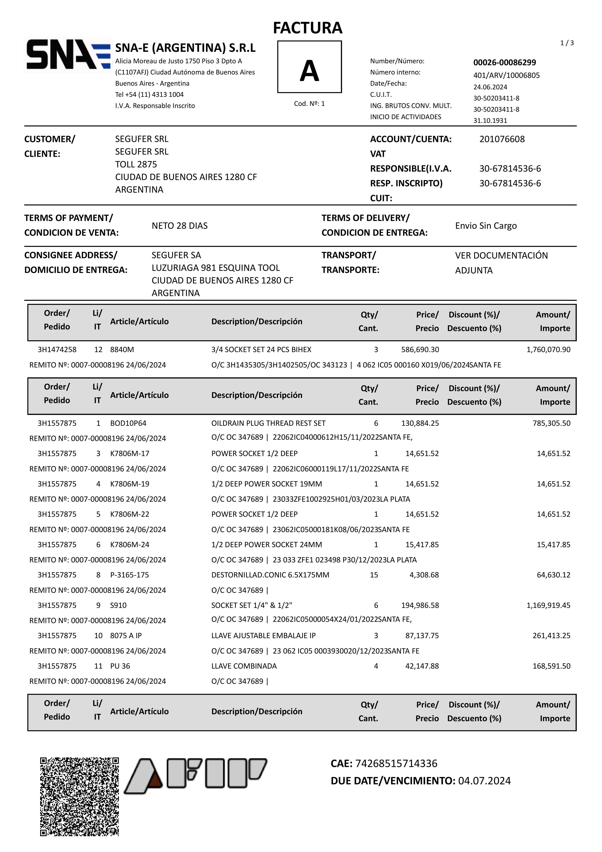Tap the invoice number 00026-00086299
[504, 62]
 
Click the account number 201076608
[502, 139]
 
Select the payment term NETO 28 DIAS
[180, 226]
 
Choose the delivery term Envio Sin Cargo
[486, 226]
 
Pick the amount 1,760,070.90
[548, 350]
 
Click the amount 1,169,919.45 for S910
[548, 605]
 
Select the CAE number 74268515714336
[396, 763]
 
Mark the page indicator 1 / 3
[567, 43]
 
